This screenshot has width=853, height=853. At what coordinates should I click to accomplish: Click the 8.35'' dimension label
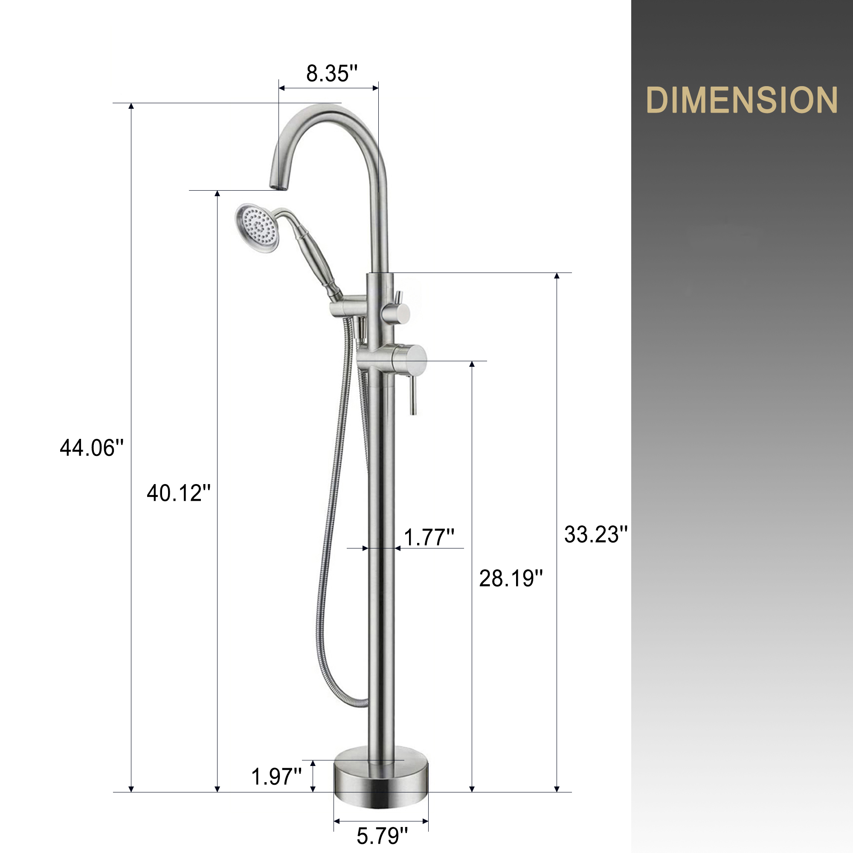[x=331, y=74]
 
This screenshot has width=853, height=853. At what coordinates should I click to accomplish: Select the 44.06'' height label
[x=92, y=448]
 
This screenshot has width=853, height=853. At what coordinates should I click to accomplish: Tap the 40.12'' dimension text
[x=178, y=493]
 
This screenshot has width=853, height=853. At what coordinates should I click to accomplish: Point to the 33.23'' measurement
[x=595, y=535]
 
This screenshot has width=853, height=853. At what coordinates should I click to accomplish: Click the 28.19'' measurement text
[x=511, y=579]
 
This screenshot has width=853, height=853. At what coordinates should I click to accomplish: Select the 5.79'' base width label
[x=382, y=836]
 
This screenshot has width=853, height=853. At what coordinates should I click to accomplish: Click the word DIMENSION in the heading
[x=741, y=101]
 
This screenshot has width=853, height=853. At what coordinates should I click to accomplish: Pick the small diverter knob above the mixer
[x=401, y=313]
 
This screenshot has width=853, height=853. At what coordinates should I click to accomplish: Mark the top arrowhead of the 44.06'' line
[x=131, y=106]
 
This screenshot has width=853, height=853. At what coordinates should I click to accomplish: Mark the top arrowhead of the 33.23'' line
[x=557, y=276]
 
